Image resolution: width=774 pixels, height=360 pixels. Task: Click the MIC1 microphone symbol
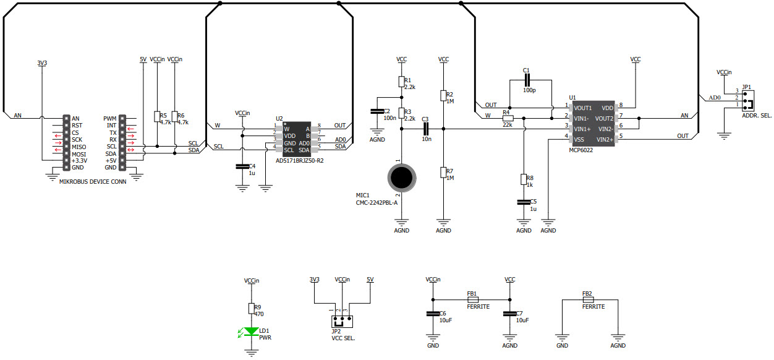click(402, 178)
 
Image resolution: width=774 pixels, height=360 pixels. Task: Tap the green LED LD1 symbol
click(251, 332)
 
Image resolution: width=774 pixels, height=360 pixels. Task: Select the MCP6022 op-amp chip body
click(592, 124)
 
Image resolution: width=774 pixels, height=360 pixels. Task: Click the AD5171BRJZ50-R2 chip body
click(296, 138)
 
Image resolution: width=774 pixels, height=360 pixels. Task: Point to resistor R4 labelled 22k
click(508, 118)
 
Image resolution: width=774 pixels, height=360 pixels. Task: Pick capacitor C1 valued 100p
click(527, 80)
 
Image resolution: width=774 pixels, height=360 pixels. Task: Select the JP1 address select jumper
click(748, 98)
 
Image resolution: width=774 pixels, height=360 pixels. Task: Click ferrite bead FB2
click(588, 300)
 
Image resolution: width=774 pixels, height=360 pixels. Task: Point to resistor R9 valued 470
click(251, 309)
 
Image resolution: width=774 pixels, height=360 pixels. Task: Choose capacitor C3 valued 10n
click(426, 129)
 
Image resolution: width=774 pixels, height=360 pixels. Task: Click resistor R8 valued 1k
click(523, 180)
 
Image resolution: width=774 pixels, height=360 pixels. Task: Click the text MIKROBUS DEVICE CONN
click(93, 182)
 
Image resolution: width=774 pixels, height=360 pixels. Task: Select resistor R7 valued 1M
click(443, 173)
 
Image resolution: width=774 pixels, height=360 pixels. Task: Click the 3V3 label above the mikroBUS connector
click(42, 63)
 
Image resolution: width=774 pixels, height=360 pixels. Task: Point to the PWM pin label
click(110, 118)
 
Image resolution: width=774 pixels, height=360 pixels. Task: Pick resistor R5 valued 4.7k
click(157, 117)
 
